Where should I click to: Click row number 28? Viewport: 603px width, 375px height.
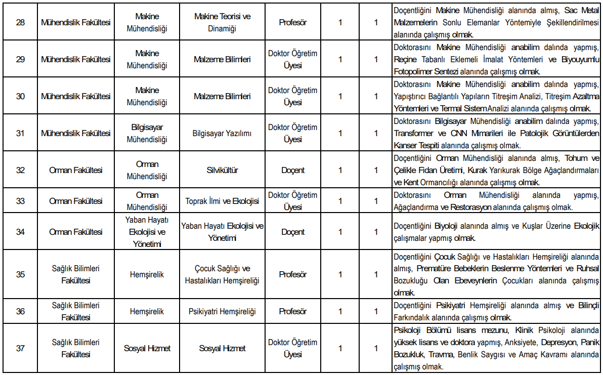[20, 23]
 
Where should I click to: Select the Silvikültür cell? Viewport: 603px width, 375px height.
[222, 170]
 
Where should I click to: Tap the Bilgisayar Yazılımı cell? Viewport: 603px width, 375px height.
[222, 134]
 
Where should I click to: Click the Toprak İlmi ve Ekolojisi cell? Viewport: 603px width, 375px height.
[222, 201]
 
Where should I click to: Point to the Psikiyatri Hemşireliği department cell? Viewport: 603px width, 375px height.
[222, 311]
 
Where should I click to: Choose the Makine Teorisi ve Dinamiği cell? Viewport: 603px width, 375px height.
[222, 23]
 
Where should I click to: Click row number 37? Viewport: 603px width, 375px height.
[20, 348]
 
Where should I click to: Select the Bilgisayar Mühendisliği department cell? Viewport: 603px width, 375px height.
[147, 134]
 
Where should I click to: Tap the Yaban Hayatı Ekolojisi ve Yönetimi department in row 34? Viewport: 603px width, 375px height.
[147, 232]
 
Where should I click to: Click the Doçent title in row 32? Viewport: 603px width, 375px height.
[293, 170]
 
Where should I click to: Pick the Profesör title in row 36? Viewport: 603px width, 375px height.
[293, 311]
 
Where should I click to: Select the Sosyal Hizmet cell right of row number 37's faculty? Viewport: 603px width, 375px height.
[147, 348]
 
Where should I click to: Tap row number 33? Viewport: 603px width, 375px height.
[20, 201]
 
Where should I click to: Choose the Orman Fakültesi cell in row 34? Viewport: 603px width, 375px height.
[76, 232]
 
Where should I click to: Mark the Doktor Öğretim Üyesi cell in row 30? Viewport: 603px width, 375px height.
[293, 96]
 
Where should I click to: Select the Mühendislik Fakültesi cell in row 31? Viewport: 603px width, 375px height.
[76, 134]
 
